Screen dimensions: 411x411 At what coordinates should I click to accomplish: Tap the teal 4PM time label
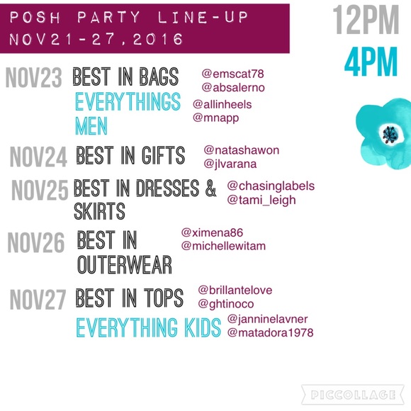pos(371,63)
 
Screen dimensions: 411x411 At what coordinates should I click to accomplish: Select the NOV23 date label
pos(34,79)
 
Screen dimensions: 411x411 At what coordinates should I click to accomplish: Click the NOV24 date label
pos(40,157)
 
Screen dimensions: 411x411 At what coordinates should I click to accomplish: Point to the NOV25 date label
pos(40,190)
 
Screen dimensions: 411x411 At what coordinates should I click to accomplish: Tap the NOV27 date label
pos(38,300)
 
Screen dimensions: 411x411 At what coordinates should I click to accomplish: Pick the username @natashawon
pos(241,151)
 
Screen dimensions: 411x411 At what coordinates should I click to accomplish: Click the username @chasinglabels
pos(270,186)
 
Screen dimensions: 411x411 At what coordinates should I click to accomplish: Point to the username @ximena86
pos(212,232)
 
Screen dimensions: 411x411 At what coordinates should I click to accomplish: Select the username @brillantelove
pos(235,290)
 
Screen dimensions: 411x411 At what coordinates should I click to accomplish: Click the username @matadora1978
pos(270,332)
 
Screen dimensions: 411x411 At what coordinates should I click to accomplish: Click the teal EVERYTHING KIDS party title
pos(148,328)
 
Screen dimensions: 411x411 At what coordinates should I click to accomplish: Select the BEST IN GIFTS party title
pos(130,156)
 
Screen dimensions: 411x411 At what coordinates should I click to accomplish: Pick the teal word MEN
pos(91,126)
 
